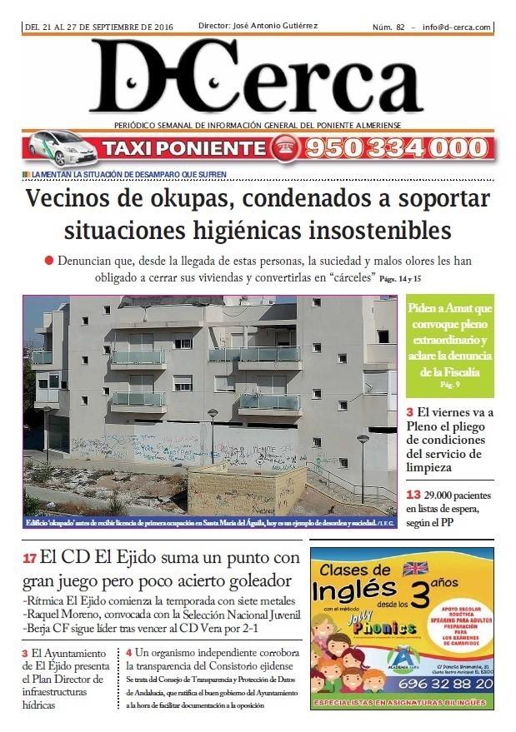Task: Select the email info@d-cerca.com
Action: [456, 27]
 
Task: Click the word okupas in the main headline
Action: [188, 200]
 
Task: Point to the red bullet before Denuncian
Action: [49, 261]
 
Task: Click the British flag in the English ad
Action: [413, 569]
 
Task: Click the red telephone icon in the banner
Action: [282, 148]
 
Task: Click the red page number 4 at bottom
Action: [129, 652]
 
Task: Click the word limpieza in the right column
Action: [432, 470]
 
